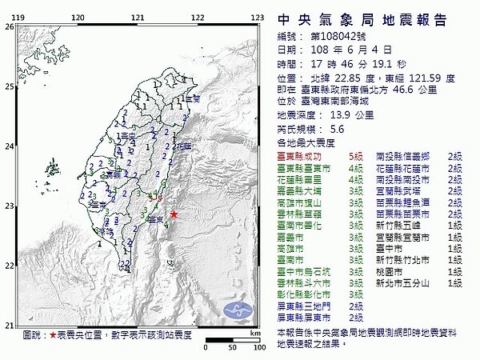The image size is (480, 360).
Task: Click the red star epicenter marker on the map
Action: pyautogui.click(x=174, y=214)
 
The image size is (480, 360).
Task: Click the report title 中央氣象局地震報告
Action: pyautogui.click(x=362, y=20)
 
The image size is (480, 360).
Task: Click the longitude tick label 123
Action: pyautogui.click(x=258, y=17)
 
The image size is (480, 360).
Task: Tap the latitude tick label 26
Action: pyautogui.click(x=9, y=26)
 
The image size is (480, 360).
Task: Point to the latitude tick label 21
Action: pyautogui.click(x=9, y=326)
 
